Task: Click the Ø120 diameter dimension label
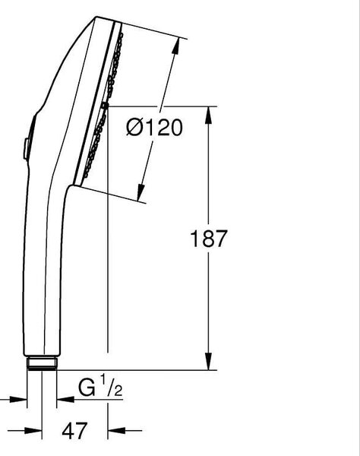(154, 128)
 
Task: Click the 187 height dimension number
(208, 239)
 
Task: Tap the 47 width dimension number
(74, 431)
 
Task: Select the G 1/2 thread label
(100, 386)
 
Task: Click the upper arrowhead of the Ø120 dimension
(175, 46)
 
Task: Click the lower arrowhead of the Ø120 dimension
(141, 192)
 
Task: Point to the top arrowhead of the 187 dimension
(208, 116)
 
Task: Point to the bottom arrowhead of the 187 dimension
(208, 361)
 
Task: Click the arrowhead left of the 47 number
(33, 430)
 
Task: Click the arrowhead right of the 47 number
(116, 430)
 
